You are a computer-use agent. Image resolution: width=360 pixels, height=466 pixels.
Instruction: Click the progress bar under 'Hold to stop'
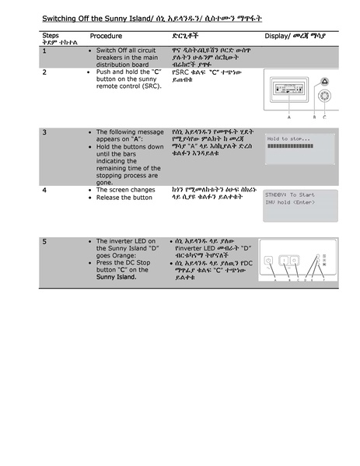(x=299, y=145)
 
